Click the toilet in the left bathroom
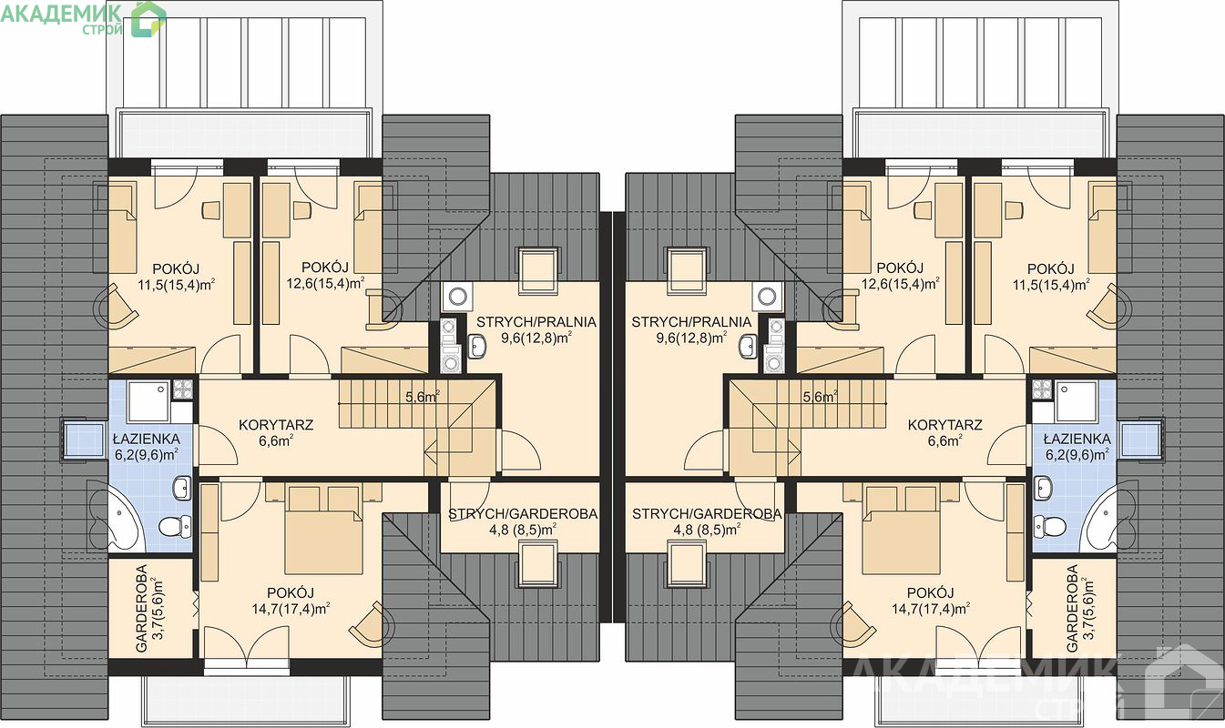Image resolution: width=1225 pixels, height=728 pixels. click(175, 528)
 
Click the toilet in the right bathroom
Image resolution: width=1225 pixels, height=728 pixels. click(1049, 528)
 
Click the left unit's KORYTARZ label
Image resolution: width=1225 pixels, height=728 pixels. click(276, 425)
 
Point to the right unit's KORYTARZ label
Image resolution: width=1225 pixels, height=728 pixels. click(945, 425)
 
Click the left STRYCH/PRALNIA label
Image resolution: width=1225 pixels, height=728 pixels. click(536, 322)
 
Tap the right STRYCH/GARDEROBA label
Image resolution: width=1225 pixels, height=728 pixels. click(707, 514)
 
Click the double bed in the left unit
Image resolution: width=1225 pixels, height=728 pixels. click(323, 529)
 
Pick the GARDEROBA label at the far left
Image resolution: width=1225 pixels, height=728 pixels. click(142, 608)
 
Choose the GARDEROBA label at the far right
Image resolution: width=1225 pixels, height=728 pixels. click(1072, 608)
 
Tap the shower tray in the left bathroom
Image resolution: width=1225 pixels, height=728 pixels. click(148, 401)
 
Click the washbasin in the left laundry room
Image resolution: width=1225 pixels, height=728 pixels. click(477, 346)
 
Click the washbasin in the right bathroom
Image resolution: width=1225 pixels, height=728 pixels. click(1042, 488)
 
